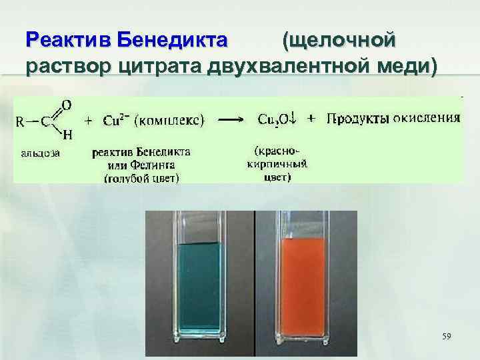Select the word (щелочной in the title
pyautogui.click(x=339, y=39)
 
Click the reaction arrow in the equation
pyautogui.click(x=231, y=121)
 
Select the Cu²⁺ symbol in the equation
pyautogui.click(x=115, y=121)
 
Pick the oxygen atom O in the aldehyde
pyautogui.click(x=67, y=105)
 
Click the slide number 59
pyautogui.click(x=446, y=337)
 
